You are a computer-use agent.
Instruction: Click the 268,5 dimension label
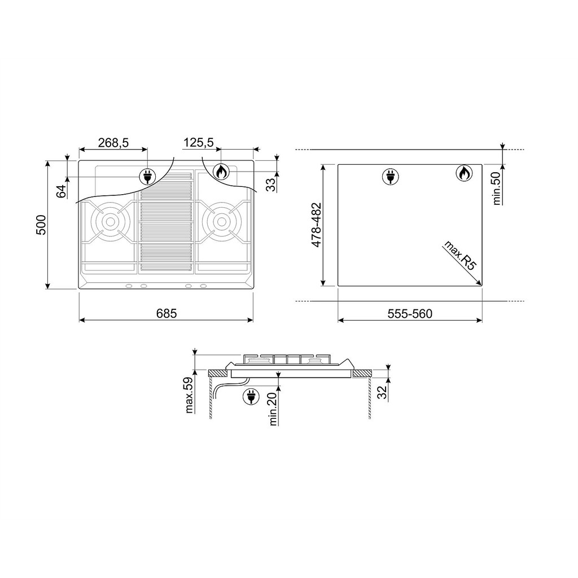(x=113, y=143)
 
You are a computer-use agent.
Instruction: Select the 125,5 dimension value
(x=199, y=142)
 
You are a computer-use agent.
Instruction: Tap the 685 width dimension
(x=167, y=313)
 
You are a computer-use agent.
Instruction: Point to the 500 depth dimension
(x=41, y=225)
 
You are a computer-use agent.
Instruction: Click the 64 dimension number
(x=61, y=191)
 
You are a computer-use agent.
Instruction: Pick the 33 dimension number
(x=271, y=185)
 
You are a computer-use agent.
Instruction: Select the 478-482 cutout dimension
(x=316, y=225)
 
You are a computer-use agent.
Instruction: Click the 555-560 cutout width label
(x=410, y=314)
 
